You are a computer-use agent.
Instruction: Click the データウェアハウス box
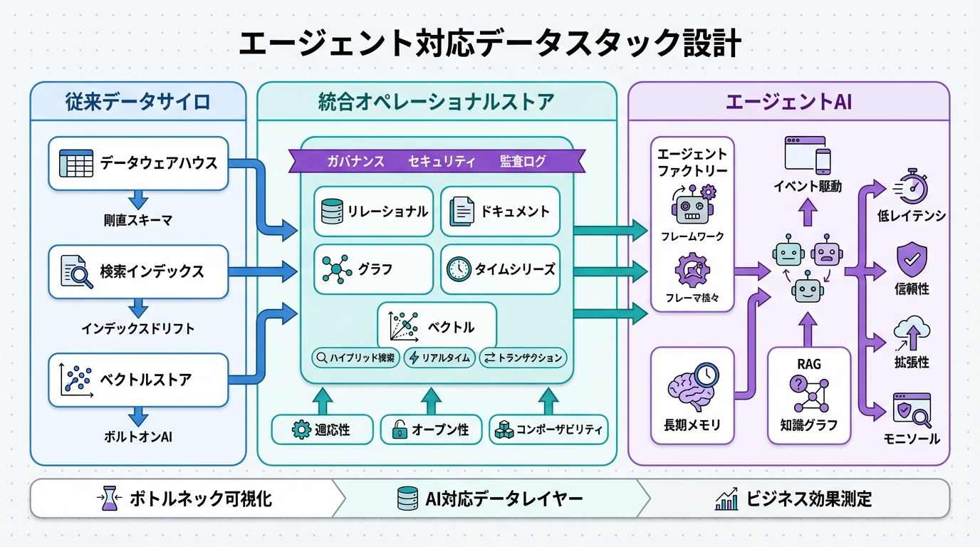[x=138, y=163]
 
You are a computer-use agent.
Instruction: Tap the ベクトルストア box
[x=138, y=380]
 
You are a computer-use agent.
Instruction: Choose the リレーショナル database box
[x=373, y=212]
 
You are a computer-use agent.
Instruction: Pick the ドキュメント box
[x=500, y=212]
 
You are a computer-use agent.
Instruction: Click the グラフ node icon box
[x=373, y=269]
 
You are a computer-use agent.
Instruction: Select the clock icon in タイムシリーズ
[x=459, y=269]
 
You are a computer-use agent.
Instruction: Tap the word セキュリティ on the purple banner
[x=442, y=162]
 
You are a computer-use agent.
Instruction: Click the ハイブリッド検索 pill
[x=355, y=358]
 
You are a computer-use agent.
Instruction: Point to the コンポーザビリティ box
[x=548, y=430]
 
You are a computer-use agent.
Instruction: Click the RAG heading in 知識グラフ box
[x=809, y=364]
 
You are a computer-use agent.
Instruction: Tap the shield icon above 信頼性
[x=912, y=259]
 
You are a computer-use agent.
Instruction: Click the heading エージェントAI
[x=788, y=102]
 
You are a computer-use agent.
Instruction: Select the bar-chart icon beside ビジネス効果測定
[x=726, y=499]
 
